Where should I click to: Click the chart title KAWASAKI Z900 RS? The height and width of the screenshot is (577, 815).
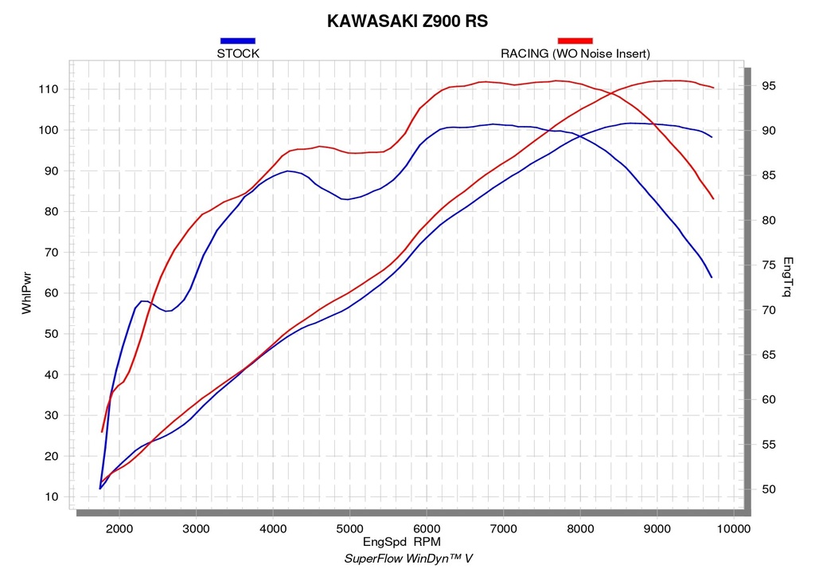coord(407,21)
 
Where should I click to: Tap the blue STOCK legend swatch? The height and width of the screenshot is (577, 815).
coord(237,41)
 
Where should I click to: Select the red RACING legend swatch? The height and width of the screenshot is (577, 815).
coord(575,41)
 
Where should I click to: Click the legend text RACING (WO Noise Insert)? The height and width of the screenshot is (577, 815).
coord(575,53)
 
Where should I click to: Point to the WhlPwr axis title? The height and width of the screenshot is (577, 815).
coord(26,293)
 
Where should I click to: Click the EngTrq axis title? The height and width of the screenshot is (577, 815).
coord(787,277)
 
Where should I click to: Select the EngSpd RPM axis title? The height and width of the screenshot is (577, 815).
coord(402,542)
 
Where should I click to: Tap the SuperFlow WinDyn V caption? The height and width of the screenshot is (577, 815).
coord(408,559)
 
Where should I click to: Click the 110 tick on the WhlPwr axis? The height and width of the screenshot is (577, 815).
coord(49,89)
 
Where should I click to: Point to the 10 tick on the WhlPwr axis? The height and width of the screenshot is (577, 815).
coord(52,497)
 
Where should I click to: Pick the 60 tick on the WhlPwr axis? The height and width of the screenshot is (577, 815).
coord(52,293)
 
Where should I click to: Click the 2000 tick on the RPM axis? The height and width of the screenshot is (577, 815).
coord(119,529)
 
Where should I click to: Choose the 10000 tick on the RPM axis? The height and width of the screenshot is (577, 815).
coord(733,529)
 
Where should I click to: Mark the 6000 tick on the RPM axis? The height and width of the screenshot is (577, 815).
coord(427,529)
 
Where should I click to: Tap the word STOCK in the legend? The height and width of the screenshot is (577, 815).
coord(237,53)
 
